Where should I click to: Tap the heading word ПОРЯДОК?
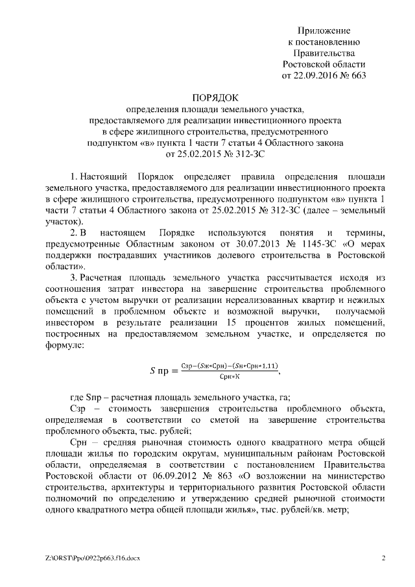(207, 97)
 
